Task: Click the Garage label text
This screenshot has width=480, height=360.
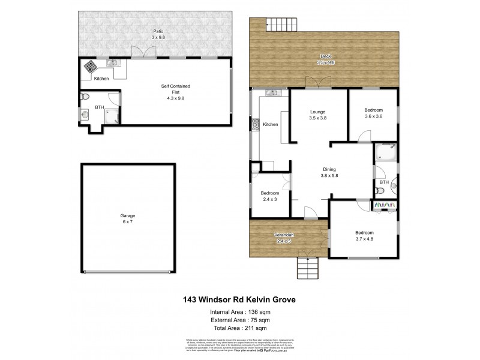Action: coord(128,215)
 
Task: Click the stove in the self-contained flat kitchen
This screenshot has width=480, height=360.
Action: coord(89,66)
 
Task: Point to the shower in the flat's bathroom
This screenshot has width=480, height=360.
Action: coord(111,118)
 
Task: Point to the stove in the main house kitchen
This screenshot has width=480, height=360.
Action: coord(255,125)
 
